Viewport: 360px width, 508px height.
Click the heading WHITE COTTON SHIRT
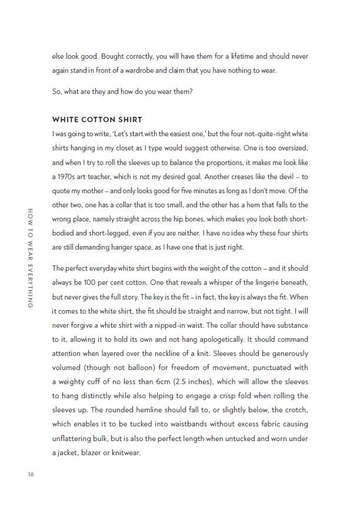tap(97, 120)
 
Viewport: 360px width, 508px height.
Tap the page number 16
tap(30, 475)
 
